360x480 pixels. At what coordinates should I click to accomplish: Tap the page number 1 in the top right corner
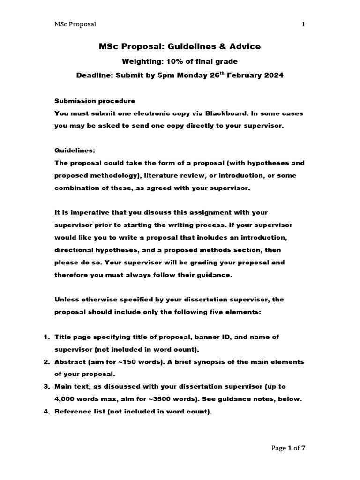click(x=303, y=24)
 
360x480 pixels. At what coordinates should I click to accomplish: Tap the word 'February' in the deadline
click(x=243, y=75)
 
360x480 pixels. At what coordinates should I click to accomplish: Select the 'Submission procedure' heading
click(x=95, y=101)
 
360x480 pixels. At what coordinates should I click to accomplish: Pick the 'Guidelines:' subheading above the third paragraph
click(x=75, y=150)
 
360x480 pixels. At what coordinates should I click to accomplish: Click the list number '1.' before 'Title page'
click(x=47, y=337)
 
